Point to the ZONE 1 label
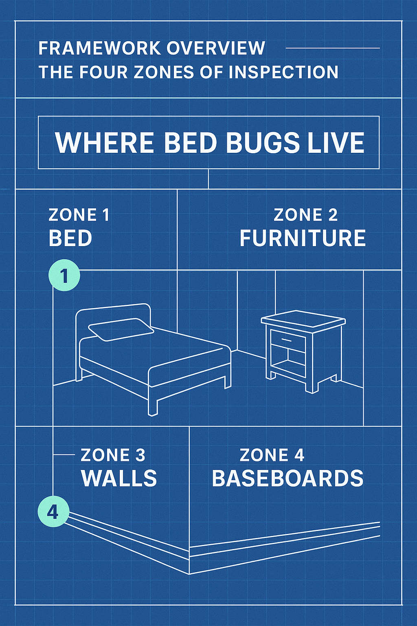79,215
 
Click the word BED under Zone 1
70,238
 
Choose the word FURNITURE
303,238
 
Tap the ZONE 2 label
305,215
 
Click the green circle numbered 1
64,276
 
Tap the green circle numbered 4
53,513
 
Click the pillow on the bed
121,329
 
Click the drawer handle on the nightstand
286,339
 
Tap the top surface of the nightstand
303,319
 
